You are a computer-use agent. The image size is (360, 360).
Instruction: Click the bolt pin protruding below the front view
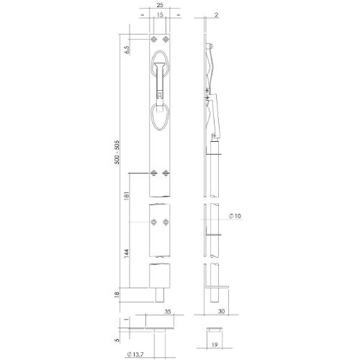(160, 295)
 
